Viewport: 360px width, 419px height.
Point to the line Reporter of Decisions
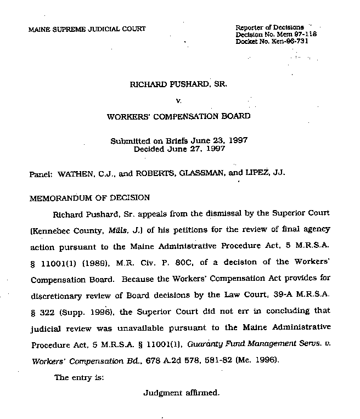(269, 27)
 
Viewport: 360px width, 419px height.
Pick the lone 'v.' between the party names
(178, 100)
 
